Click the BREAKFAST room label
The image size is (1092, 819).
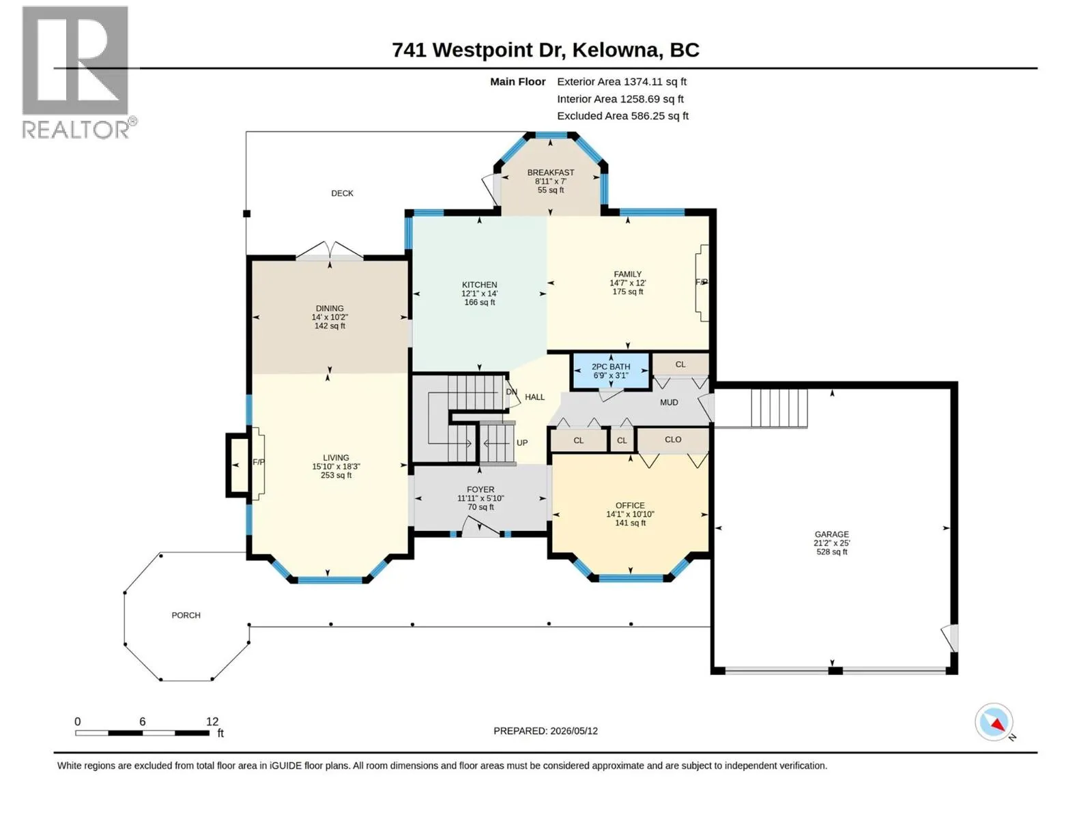pyautogui.click(x=550, y=172)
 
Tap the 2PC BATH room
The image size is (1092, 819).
pyautogui.click(x=610, y=371)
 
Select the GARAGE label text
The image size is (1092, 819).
pyautogui.click(x=831, y=534)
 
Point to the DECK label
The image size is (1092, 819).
pyautogui.click(x=343, y=193)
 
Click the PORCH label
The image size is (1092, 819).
pyautogui.click(x=186, y=615)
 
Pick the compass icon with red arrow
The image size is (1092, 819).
pyautogui.click(x=994, y=722)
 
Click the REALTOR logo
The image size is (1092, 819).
pyautogui.click(x=78, y=72)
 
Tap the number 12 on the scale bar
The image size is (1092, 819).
pyautogui.click(x=212, y=721)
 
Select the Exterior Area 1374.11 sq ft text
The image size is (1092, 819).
pyautogui.click(x=621, y=81)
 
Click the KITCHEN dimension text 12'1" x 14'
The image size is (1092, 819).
pyautogui.click(x=479, y=293)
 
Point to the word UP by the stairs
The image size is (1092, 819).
pyautogui.click(x=522, y=442)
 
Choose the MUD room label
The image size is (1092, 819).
pyautogui.click(x=669, y=402)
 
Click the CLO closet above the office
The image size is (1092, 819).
pyautogui.click(x=673, y=440)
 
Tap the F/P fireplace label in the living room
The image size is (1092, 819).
pyautogui.click(x=259, y=462)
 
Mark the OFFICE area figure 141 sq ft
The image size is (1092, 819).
pyautogui.click(x=631, y=523)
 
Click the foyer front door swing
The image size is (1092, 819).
pyautogui.click(x=480, y=526)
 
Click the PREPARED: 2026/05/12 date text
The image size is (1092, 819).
pyautogui.click(x=545, y=731)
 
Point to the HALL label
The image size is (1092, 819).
pyautogui.click(x=535, y=397)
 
